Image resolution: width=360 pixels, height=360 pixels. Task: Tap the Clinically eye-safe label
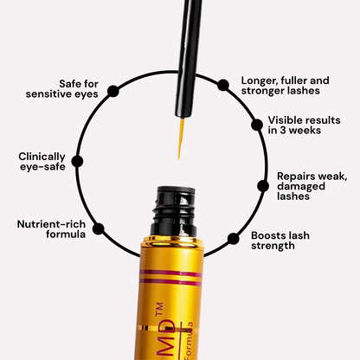click(x=42, y=162)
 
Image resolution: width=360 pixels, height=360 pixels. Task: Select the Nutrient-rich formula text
click(x=51, y=228)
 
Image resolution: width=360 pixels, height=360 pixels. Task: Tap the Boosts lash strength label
click(x=286, y=239)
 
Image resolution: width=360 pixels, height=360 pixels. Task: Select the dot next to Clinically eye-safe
click(x=77, y=162)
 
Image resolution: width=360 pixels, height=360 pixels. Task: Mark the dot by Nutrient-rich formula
click(x=98, y=229)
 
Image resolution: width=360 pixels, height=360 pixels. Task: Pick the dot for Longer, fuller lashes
click(x=223, y=85)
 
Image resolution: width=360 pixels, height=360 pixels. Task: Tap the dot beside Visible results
click(x=256, y=125)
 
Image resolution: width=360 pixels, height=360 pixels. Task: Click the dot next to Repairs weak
click(x=264, y=184)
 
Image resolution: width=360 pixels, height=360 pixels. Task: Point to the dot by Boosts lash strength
click(x=233, y=237)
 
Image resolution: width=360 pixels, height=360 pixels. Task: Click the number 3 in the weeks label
click(x=286, y=131)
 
